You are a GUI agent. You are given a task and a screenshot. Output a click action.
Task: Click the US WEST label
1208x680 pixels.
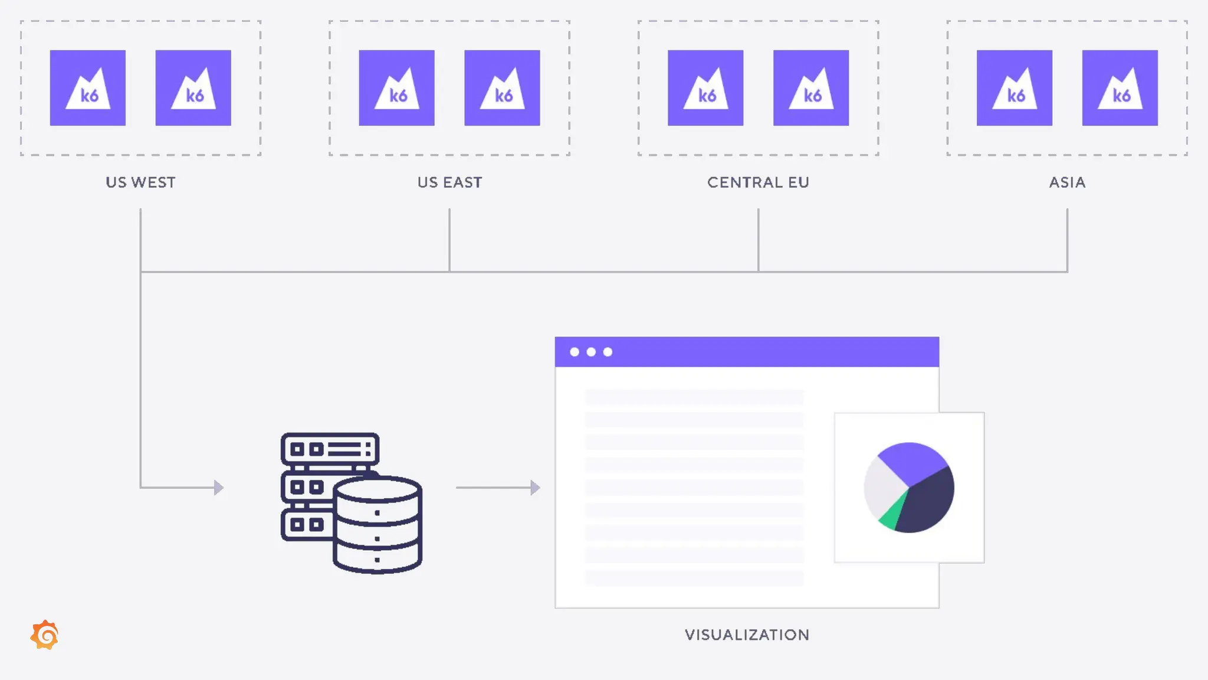pos(140,182)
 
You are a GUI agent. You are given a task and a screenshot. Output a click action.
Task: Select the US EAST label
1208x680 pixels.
pos(449,182)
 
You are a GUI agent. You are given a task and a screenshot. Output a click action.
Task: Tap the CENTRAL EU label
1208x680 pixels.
pos(758,182)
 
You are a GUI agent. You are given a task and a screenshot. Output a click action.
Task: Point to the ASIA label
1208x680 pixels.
pos(1067,182)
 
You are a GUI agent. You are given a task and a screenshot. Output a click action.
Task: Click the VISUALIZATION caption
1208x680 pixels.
pos(747,635)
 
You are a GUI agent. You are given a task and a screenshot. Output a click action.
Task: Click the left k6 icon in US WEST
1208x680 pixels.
pos(88,88)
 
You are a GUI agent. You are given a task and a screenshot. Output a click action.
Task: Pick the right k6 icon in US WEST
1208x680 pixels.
pos(193,88)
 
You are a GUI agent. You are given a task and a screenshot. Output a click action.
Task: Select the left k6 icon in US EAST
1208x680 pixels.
pos(396,88)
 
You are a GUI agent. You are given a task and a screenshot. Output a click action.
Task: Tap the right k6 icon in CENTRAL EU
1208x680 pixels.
pos(811,88)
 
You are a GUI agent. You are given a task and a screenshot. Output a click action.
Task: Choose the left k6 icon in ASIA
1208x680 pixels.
pos(1015,88)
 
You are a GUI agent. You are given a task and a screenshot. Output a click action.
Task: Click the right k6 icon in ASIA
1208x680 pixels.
pos(1120,88)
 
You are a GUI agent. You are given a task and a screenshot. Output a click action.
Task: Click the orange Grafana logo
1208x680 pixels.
pos(45,635)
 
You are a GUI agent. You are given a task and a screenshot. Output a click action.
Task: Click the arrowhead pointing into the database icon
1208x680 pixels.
pos(219,488)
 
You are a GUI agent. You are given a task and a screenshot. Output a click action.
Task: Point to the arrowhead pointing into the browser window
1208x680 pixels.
pos(535,488)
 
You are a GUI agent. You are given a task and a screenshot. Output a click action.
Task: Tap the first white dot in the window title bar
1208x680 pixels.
pos(575,352)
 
